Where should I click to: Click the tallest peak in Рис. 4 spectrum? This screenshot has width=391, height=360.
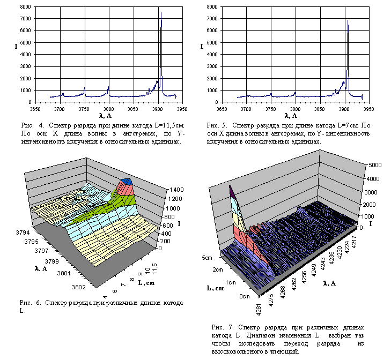[161, 13]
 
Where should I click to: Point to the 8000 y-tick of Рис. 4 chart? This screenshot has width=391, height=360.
[26, 7]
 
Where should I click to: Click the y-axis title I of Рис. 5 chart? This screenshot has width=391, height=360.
[202, 47]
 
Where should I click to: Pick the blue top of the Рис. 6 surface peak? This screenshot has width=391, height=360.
[127, 182]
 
